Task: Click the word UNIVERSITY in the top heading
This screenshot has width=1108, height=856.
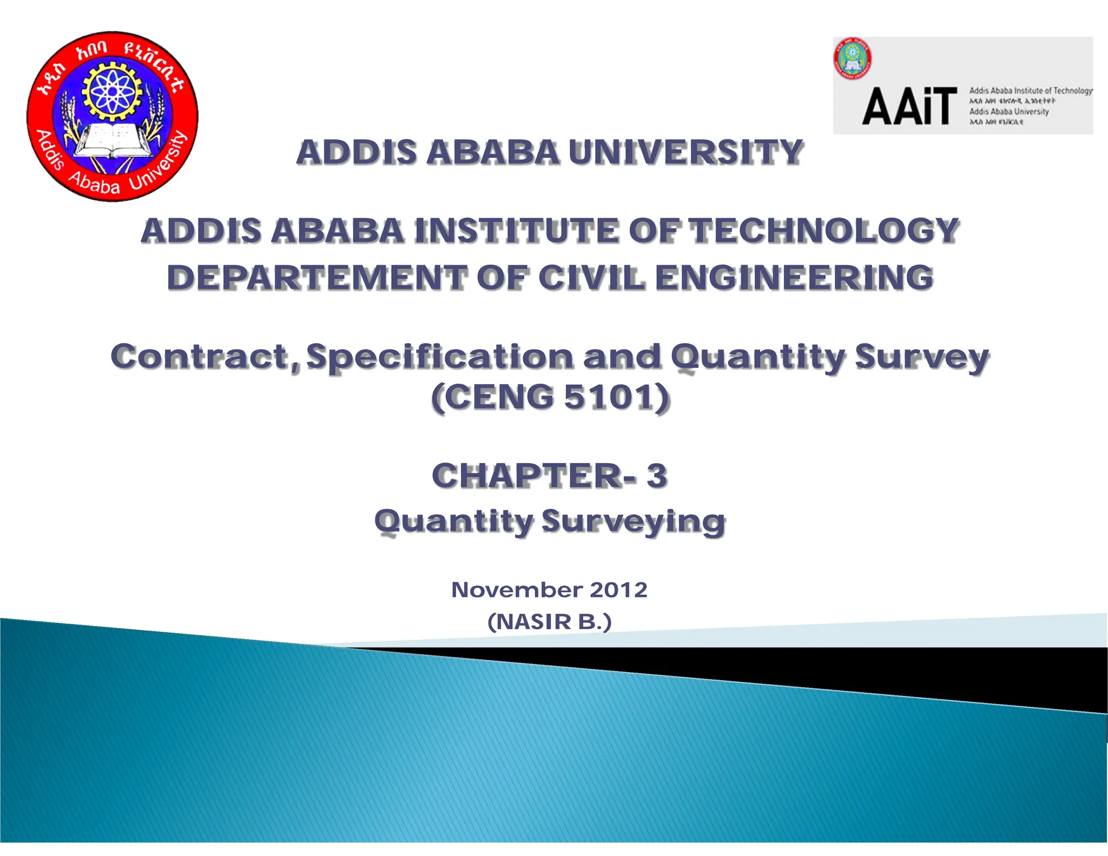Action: click(x=685, y=152)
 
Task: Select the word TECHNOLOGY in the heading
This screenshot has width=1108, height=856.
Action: click(x=824, y=231)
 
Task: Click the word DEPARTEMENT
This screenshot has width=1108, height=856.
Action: click(x=316, y=278)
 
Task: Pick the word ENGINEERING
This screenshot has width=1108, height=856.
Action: click(x=794, y=278)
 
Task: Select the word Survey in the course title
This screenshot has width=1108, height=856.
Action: click(x=922, y=357)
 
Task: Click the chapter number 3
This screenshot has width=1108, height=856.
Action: click(x=656, y=476)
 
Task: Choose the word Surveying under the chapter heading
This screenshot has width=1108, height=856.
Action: click(x=633, y=521)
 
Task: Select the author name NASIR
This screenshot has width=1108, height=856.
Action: click(x=534, y=622)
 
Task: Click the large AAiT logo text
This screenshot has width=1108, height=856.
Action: click(x=909, y=107)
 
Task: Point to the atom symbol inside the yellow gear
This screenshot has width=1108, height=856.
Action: click(x=111, y=91)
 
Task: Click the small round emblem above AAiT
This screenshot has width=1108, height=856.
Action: click(x=852, y=58)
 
